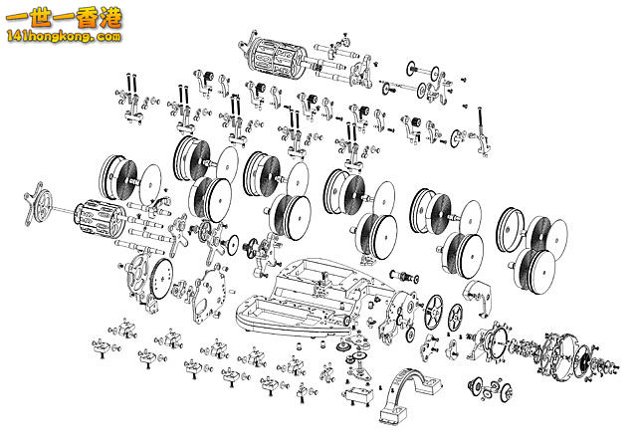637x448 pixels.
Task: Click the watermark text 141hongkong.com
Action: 64,37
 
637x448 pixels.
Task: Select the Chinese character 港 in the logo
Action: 110,18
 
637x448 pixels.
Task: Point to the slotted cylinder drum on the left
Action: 100,218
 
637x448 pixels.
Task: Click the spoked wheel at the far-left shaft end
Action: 40,202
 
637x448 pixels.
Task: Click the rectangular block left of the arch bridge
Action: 358,395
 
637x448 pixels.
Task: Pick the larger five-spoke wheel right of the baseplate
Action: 434,313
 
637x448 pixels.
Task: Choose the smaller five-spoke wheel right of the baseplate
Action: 456,319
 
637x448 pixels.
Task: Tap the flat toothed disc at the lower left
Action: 161,280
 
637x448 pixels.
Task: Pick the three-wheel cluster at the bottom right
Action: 490,389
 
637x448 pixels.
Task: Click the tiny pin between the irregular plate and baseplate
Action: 232,291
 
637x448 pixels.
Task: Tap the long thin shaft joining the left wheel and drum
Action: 64,210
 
